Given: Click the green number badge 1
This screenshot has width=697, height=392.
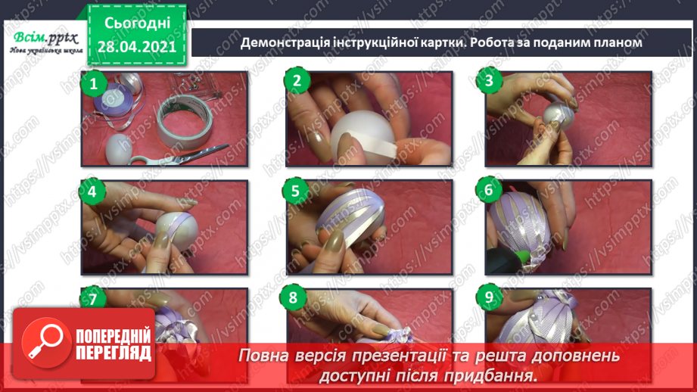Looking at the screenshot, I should coord(93,83).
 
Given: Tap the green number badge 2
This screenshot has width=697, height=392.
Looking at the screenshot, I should coord(297,82).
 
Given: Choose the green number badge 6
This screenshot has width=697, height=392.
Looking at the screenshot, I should coord(490,191).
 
